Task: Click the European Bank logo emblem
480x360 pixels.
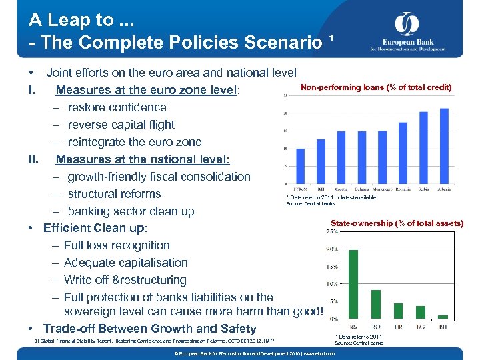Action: click(x=406, y=25)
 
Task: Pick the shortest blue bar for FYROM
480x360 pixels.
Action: click(x=300, y=165)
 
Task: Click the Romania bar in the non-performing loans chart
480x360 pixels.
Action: click(x=403, y=155)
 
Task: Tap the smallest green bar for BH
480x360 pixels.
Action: click(x=443, y=317)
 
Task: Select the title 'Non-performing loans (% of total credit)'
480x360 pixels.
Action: click(x=376, y=87)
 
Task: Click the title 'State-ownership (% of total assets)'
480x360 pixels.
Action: click(x=397, y=223)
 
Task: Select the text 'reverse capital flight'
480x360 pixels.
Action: click(x=121, y=125)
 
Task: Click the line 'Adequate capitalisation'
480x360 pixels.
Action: click(x=125, y=263)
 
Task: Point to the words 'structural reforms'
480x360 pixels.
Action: click(x=114, y=194)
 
